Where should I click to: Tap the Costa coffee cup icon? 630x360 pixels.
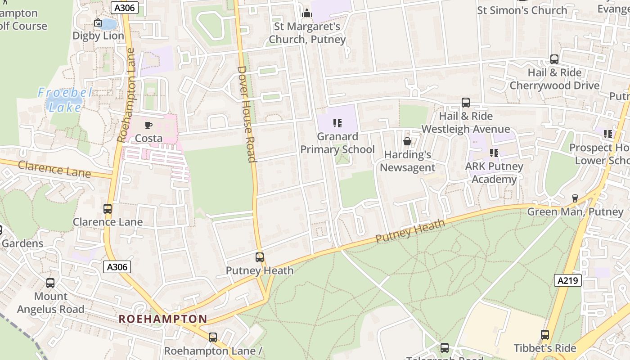pyautogui.click(x=148, y=125)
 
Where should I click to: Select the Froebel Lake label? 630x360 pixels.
pyautogui.click(x=65, y=100)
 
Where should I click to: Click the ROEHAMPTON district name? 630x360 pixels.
pyautogui.click(x=163, y=319)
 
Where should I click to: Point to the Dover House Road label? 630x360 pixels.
pyautogui.click(x=247, y=114)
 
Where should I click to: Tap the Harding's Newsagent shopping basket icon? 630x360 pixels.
pyautogui.click(x=407, y=141)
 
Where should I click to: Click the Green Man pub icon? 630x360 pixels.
pyautogui.click(x=575, y=198)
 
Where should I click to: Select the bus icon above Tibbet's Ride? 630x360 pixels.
pyautogui.click(x=545, y=335)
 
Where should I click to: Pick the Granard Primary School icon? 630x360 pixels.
pyautogui.click(x=337, y=123)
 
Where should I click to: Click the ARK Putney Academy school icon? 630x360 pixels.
pyautogui.click(x=494, y=153)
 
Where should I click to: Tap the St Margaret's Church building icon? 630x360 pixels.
pyautogui.click(x=307, y=13)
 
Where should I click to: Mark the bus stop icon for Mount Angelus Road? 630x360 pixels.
pyautogui.click(x=50, y=283)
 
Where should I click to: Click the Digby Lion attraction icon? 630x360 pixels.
pyautogui.click(x=98, y=22)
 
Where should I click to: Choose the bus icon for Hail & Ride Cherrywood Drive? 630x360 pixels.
pyautogui.click(x=554, y=59)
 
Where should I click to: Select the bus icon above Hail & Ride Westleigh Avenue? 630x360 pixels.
pyautogui.click(x=466, y=103)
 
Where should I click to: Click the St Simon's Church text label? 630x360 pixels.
pyautogui.click(x=522, y=10)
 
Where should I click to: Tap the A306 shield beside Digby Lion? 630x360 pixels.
pyautogui.click(x=124, y=8)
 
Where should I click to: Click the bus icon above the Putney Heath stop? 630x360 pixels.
pyautogui.click(x=260, y=257)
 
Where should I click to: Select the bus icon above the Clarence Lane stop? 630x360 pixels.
pyautogui.click(x=108, y=209)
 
